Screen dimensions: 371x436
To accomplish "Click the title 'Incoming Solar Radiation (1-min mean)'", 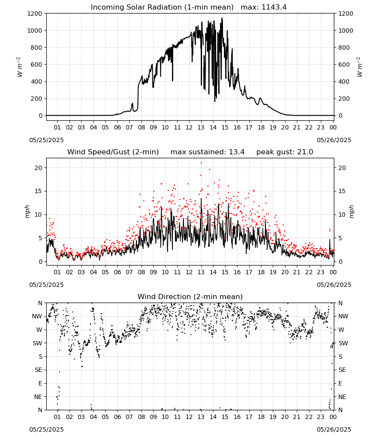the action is click(162, 7).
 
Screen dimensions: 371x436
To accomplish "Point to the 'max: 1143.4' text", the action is click(264, 7).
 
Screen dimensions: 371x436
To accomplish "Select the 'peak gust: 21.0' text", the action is click(285, 152).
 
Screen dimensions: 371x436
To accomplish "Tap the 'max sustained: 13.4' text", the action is click(208, 152).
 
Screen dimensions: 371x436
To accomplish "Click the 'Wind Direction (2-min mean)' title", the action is click(190, 296).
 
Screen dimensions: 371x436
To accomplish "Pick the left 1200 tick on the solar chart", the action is click(35, 14).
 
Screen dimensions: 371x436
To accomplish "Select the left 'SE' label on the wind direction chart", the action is click(38, 370).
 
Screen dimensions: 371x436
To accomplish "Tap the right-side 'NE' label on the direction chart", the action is click(342, 397).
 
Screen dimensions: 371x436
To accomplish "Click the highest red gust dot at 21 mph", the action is click(201, 163).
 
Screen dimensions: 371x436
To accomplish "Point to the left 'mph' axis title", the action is click(27, 211).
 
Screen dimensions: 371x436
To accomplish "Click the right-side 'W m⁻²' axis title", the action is click(359, 67).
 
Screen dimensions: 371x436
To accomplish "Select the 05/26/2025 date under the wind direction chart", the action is click(334, 429).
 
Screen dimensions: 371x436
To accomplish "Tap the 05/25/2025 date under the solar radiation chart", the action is click(46, 140).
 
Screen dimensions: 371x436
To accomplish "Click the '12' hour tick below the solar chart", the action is click(189, 127).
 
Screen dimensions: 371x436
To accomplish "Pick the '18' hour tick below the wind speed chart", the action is click(261, 272).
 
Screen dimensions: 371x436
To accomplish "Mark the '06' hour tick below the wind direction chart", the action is click(117, 417).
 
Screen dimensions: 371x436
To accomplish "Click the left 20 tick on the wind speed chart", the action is click(38, 168).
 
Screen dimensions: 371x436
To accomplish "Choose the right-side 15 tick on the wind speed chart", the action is click(342, 191).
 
